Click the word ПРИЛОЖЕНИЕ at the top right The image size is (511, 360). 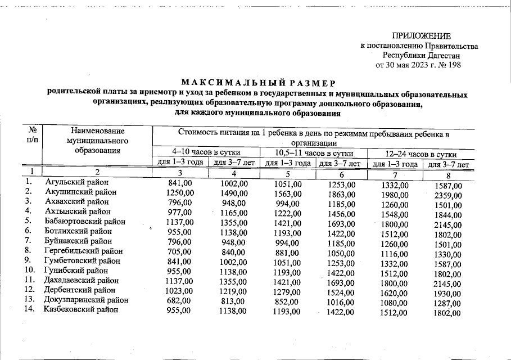click(x=421, y=36)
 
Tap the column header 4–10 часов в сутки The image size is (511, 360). click(x=206, y=153)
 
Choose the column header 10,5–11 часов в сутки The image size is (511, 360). click(x=314, y=153)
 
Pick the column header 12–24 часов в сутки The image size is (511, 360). click(x=420, y=154)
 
